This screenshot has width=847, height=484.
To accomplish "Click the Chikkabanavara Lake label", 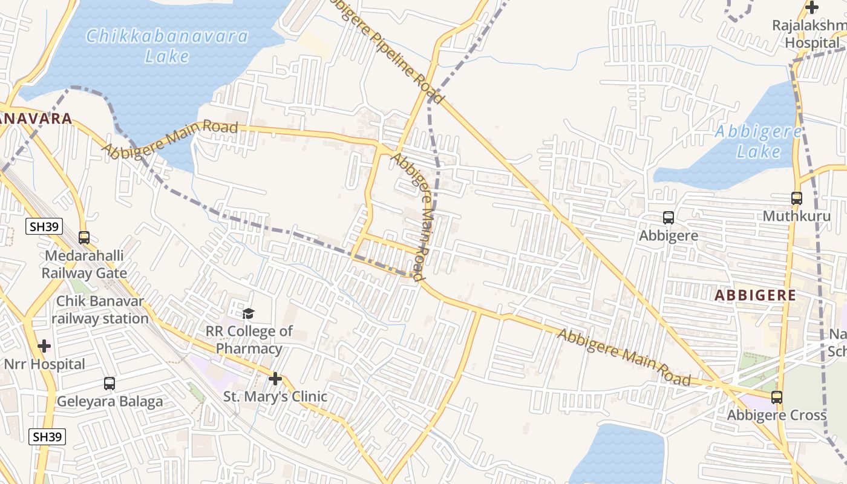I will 166,46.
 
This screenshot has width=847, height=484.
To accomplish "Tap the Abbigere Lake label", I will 759,141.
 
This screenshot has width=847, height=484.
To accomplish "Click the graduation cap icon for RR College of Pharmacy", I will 248,313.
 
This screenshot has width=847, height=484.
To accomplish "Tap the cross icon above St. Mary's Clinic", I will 275,379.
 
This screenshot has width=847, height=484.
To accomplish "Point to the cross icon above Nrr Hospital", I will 44,347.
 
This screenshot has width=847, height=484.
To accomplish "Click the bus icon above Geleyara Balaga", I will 110,383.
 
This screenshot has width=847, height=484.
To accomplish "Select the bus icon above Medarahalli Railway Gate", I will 84,238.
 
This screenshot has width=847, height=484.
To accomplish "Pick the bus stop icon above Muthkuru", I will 796,198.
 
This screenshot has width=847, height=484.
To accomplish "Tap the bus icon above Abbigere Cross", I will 776,397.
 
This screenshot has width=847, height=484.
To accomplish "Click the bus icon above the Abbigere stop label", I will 669,218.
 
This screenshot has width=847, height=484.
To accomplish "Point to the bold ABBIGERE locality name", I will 755,295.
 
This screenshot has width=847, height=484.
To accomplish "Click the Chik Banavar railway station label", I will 100,310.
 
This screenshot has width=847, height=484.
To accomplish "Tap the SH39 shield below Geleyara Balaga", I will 48,437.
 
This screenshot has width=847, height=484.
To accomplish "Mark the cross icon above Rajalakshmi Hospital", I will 812,8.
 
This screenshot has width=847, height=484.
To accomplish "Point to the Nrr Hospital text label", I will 45,364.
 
